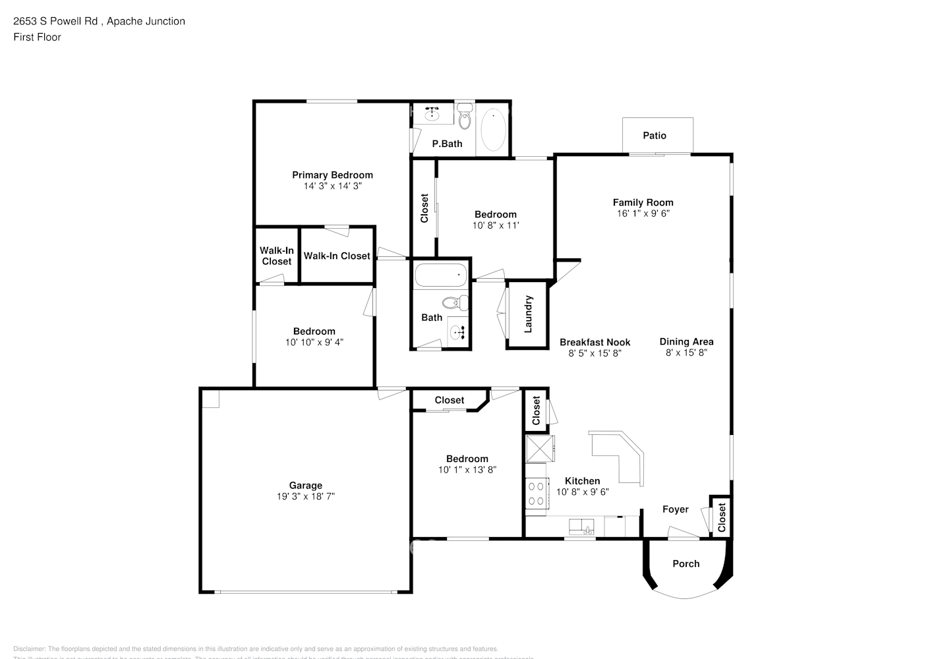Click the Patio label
(x=654, y=135)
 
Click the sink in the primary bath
(x=432, y=115)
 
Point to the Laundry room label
(x=528, y=314)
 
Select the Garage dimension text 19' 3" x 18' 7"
(x=306, y=496)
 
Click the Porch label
(x=685, y=563)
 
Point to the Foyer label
(x=675, y=509)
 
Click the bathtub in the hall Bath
(x=440, y=275)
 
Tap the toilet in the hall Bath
(x=454, y=303)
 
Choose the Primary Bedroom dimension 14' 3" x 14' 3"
(x=332, y=186)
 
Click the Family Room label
(x=643, y=202)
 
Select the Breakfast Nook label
(x=595, y=342)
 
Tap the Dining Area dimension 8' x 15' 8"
(x=686, y=353)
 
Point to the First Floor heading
(x=37, y=37)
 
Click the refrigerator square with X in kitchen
(x=539, y=449)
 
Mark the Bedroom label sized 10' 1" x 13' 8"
(x=467, y=459)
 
